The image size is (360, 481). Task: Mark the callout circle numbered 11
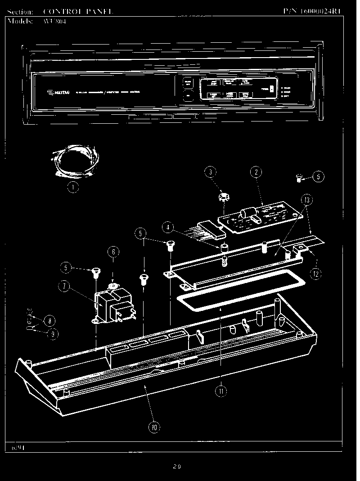(221, 391)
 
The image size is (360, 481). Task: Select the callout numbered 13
(307, 199)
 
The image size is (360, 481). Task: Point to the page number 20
(176, 466)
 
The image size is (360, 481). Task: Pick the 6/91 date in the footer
(17, 448)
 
